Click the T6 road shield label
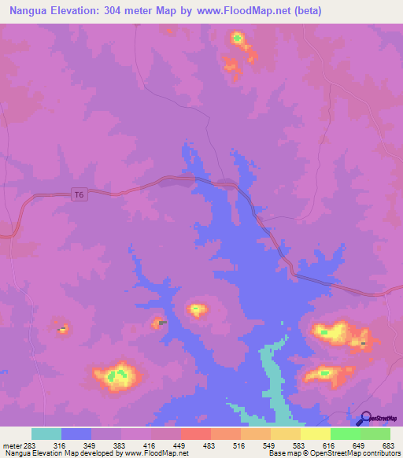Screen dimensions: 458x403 click(77, 194)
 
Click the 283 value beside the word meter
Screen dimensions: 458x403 click(30, 445)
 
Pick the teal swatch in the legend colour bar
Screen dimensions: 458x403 click(46, 434)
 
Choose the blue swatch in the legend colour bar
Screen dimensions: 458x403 click(76, 434)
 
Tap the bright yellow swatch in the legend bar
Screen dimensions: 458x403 click(315, 434)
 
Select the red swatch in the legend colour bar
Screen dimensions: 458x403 click(195, 434)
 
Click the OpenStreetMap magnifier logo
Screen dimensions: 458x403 click(364, 419)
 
